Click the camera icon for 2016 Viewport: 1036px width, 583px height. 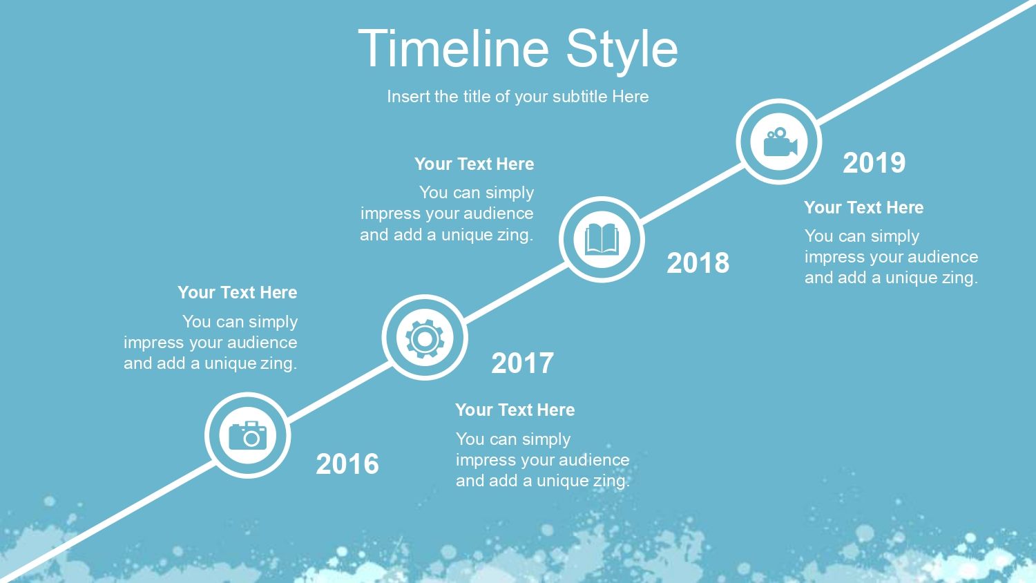tap(248, 435)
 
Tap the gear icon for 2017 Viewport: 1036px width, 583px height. tap(425, 338)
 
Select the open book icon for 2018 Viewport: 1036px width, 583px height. tap(602, 239)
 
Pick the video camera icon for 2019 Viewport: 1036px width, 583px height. tap(780, 142)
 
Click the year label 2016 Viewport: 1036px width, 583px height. tap(347, 463)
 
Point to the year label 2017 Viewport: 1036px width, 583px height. tap(522, 363)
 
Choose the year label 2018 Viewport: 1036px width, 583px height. tap(698, 262)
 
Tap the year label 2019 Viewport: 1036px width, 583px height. tap(874, 163)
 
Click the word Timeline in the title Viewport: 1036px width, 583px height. tap(454, 48)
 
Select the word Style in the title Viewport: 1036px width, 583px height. tap(622, 51)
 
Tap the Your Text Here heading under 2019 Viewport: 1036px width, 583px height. tap(863, 207)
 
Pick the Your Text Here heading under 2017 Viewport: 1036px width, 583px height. tap(515, 410)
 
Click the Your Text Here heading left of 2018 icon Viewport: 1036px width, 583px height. tap(474, 164)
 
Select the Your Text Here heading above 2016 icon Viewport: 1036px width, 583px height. tap(238, 292)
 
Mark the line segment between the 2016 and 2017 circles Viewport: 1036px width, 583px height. tap(339, 392)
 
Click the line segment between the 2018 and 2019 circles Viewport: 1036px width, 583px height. tap(691, 193)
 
